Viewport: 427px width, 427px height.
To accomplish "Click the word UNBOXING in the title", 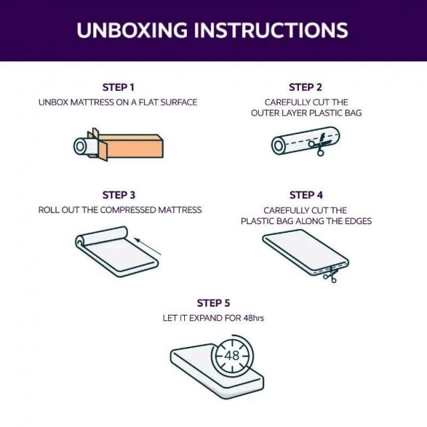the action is click(132, 29).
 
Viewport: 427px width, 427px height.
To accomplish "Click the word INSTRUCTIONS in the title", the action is click(271, 29).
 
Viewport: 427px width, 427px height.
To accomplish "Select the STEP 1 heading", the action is click(119, 87).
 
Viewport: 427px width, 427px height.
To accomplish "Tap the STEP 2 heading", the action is click(306, 87).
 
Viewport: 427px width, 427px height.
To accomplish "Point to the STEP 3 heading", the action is click(119, 195).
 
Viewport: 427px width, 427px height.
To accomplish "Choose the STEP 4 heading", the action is click(306, 195).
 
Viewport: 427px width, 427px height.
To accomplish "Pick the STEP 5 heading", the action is click(213, 303).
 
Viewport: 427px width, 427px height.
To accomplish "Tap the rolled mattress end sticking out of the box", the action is click(83, 147).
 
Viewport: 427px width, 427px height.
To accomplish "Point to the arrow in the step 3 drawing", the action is click(148, 247).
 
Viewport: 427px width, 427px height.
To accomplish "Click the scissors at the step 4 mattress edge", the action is click(331, 274).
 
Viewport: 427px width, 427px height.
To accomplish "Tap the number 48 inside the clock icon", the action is click(232, 355).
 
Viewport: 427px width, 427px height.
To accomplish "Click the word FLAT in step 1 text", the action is click(148, 102).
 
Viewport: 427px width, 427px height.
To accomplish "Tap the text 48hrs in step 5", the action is click(254, 318).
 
